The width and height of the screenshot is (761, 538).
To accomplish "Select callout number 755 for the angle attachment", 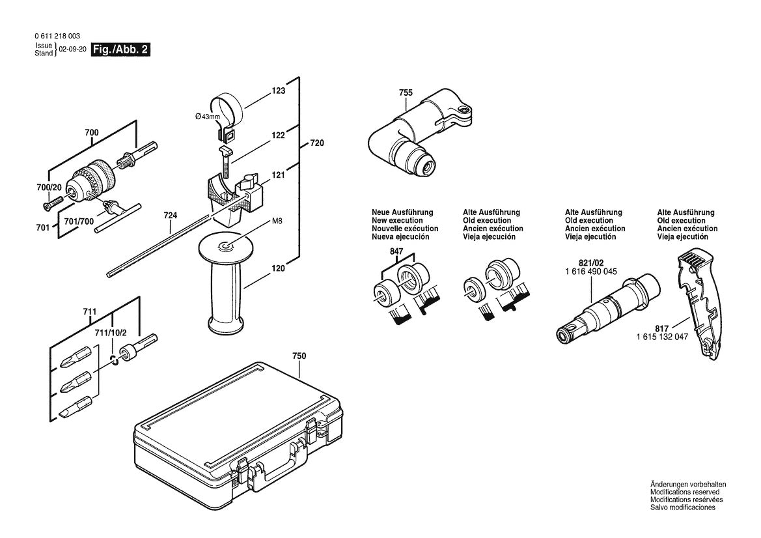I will (x=405, y=93).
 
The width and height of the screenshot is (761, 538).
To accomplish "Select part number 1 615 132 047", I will (x=662, y=337).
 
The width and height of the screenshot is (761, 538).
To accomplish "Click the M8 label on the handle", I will (x=277, y=221).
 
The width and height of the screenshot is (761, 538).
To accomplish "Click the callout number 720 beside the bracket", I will (x=316, y=142).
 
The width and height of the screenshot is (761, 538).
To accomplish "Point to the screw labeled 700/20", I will (x=49, y=206).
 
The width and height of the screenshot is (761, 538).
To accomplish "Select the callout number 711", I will (x=91, y=311).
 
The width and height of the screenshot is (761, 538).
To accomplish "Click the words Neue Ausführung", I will (x=402, y=212).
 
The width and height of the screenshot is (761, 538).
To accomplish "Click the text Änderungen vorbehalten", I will (x=687, y=484).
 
